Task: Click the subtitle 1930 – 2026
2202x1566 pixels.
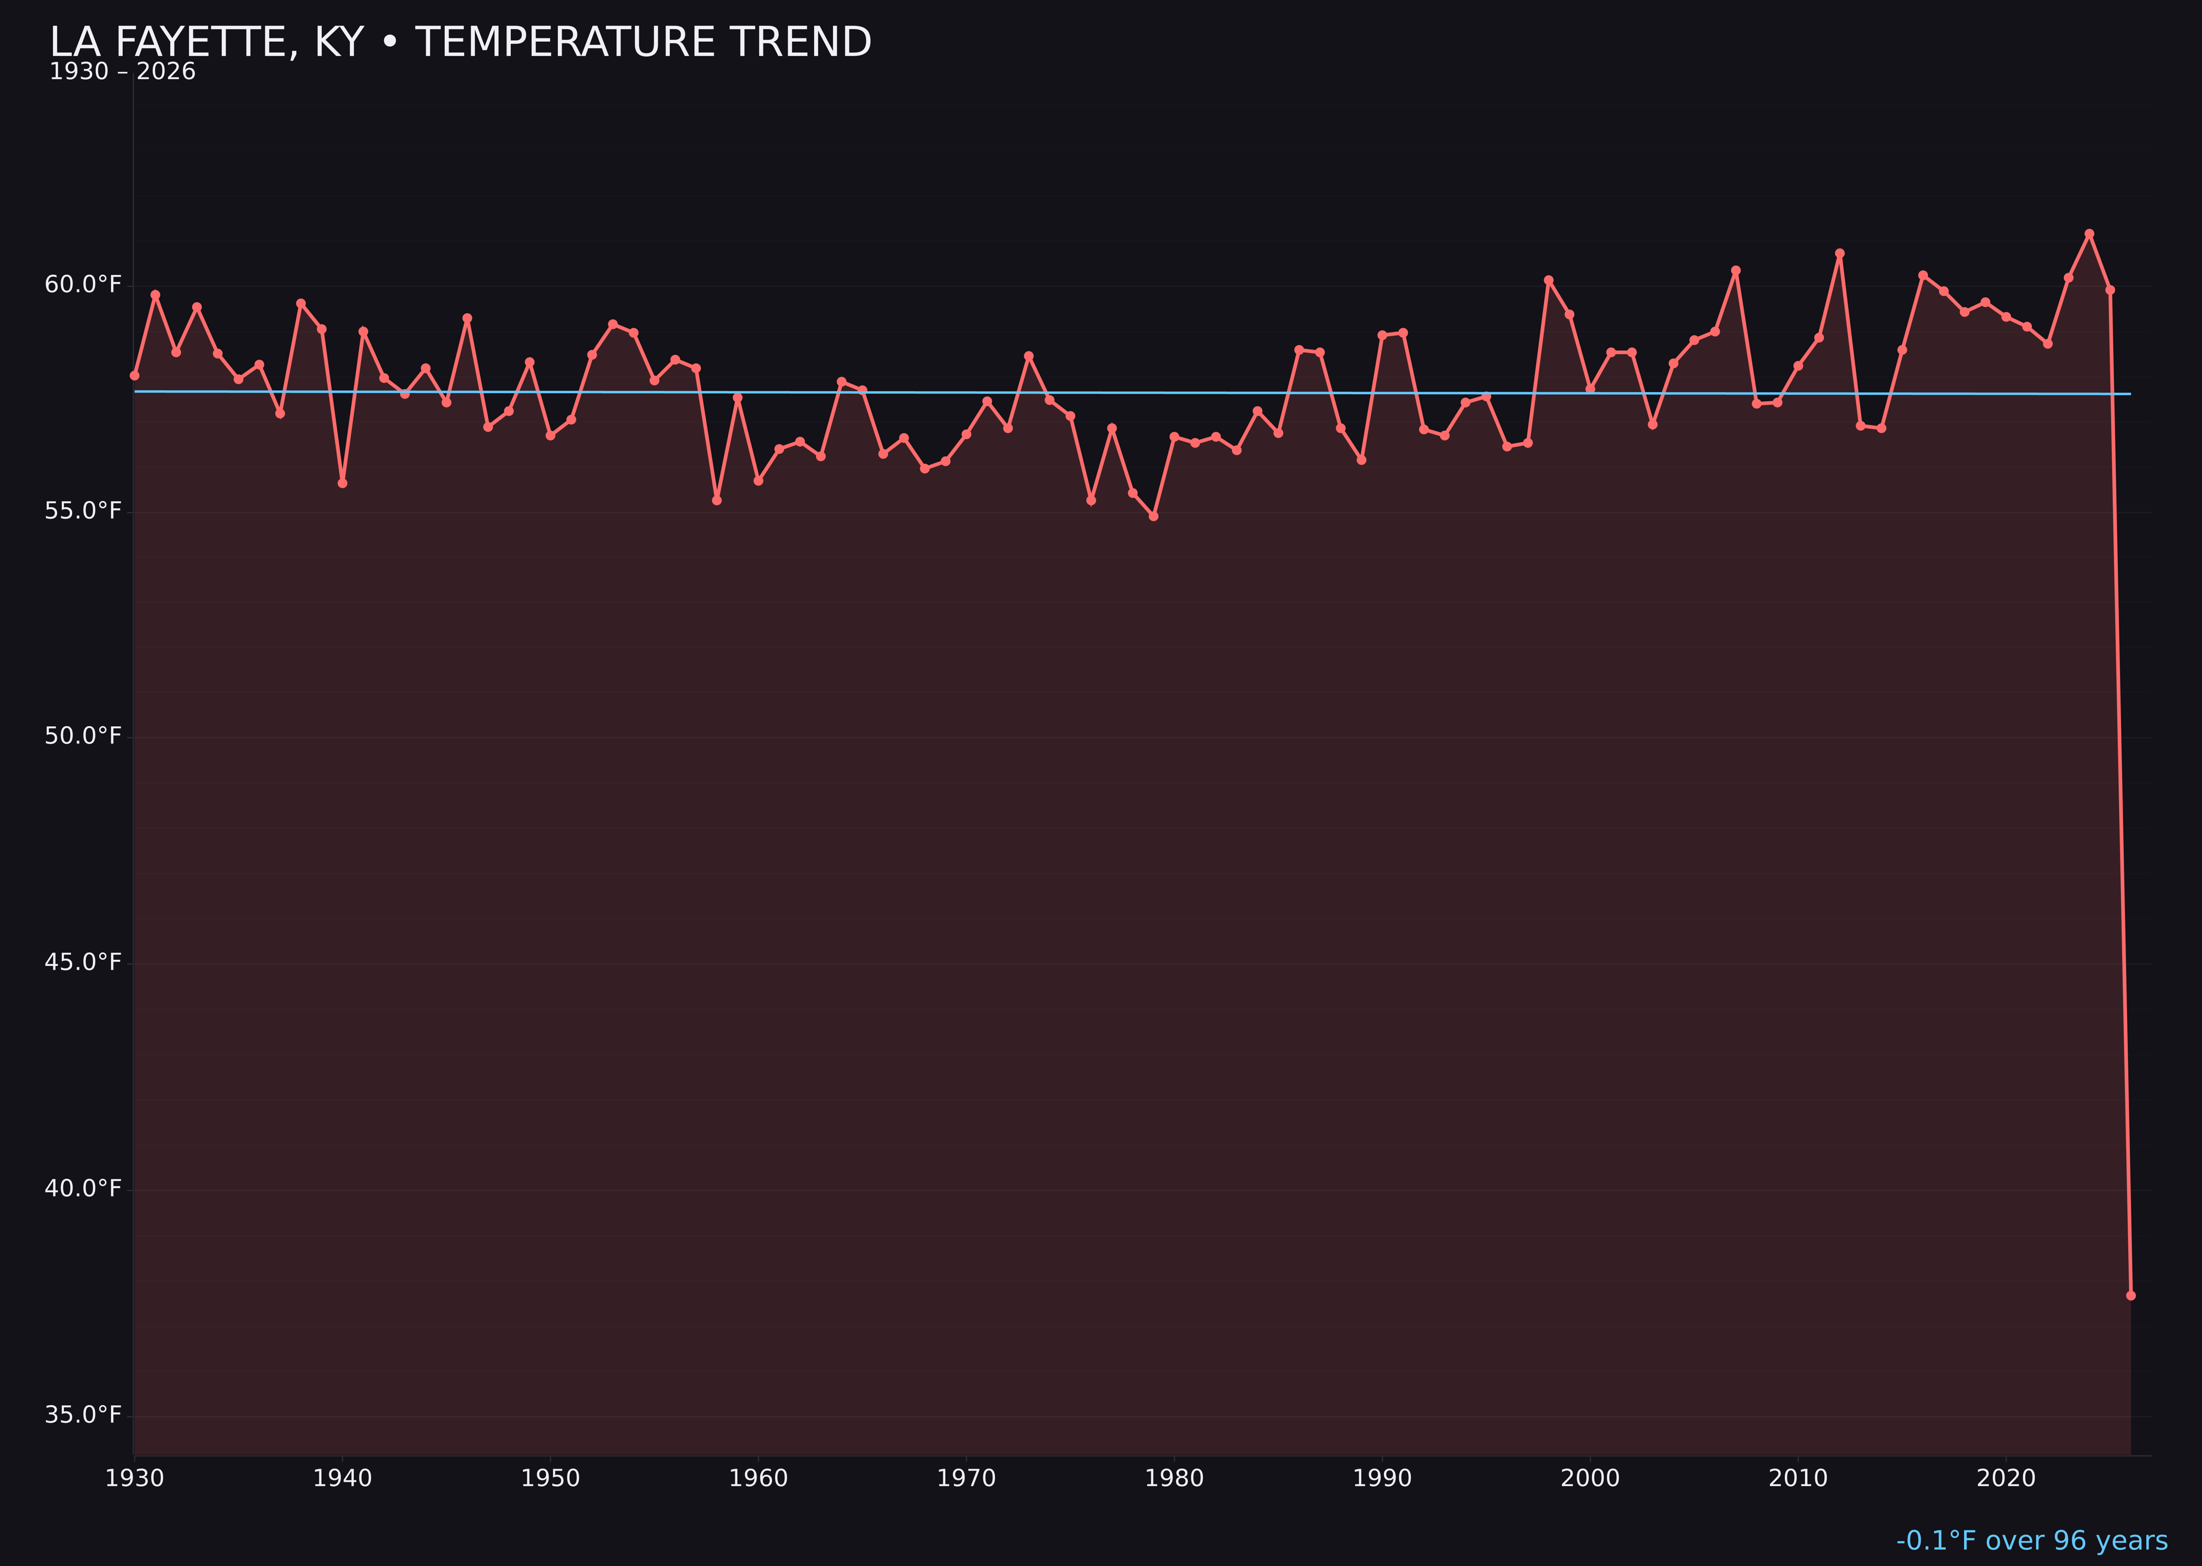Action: click(x=122, y=72)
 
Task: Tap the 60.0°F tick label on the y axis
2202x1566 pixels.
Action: click(x=83, y=285)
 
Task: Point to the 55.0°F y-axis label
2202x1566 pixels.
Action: click(x=83, y=510)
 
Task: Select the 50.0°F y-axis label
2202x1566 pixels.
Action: click(x=83, y=736)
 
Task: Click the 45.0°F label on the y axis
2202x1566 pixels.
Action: click(x=83, y=963)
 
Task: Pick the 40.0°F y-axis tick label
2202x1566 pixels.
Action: click(x=83, y=1188)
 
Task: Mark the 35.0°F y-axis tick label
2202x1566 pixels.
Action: click(x=83, y=1415)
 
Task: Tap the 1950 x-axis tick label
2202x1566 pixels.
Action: click(x=550, y=1478)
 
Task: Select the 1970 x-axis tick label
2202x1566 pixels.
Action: click(x=966, y=1478)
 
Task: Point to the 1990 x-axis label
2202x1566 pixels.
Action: click(x=1382, y=1478)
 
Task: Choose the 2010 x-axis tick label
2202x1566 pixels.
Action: click(x=1798, y=1478)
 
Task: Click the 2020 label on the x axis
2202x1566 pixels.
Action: click(x=2006, y=1478)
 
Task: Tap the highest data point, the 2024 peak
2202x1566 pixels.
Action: click(x=2089, y=233)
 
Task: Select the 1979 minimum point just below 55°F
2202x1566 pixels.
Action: click(x=1153, y=516)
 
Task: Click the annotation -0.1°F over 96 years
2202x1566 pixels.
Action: click(x=2031, y=1541)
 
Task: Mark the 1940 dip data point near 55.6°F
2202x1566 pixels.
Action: click(x=342, y=483)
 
